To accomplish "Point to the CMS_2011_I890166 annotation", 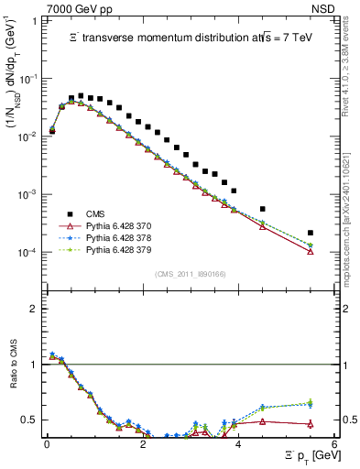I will (x=188, y=273).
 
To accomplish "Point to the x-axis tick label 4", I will (x=238, y=444).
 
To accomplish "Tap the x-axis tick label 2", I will (x=142, y=444).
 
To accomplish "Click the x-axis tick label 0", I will (x=47, y=444).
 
